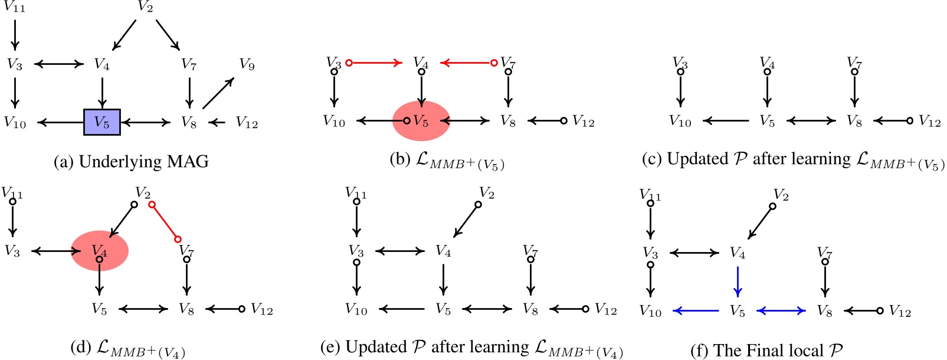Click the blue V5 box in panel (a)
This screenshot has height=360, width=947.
tap(102, 122)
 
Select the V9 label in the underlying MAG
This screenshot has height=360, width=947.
tap(247, 64)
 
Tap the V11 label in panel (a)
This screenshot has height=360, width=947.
tap(14, 8)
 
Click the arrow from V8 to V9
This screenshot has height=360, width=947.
tap(218, 93)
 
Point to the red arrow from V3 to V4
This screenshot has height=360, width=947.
tap(375, 62)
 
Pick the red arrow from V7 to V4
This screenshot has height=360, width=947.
tap(467, 62)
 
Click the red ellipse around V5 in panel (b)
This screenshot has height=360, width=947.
tap(421, 121)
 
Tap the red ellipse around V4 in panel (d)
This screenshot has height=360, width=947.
tap(100, 251)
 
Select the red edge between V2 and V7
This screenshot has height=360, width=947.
tap(165, 221)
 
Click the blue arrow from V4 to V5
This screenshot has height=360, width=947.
tap(738, 282)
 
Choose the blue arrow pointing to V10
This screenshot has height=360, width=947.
tap(696, 310)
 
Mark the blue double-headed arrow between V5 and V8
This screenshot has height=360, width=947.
tap(781, 310)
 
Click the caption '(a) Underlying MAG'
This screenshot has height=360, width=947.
tap(131, 162)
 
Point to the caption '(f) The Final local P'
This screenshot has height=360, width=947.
tap(766, 351)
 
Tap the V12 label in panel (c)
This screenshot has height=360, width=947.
tap(930, 122)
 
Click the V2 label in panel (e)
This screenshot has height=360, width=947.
tap(486, 193)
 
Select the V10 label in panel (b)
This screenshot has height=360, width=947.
tap(334, 122)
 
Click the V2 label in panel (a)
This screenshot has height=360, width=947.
tap(145, 7)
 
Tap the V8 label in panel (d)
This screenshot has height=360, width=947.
tap(186, 309)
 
